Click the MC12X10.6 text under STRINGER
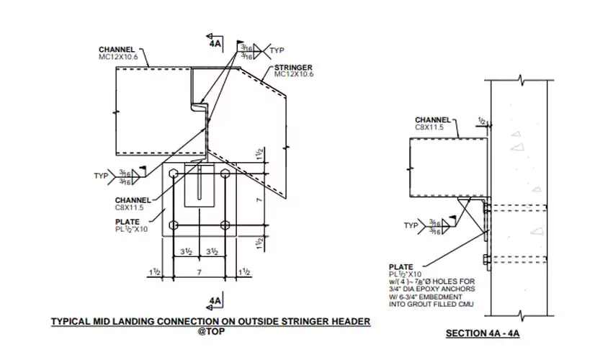click(293, 74)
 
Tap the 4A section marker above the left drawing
click(215, 42)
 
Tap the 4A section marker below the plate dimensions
click(215, 300)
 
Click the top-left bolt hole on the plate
click(174, 174)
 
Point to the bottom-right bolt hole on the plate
click(225, 225)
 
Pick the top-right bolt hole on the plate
click(225, 174)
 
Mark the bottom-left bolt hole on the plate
click(174, 225)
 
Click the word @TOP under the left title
click(211, 331)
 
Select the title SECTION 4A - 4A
click(483, 333)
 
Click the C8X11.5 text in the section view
click(429, 127)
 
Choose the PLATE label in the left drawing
click(127, 222)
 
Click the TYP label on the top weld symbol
click(277, 50)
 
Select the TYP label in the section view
click(411, 225)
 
